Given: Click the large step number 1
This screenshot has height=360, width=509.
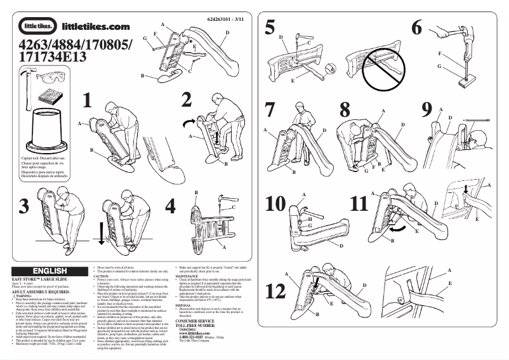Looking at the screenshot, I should [x=88, y=100].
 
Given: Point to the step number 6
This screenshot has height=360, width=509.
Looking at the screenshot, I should [x=416, y=27].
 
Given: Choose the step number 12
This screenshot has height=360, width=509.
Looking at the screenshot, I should [x=277, y=290].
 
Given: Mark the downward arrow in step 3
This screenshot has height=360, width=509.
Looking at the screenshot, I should [x=101, y=234].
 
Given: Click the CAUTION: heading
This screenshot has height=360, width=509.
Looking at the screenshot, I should [x=101, y=277].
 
